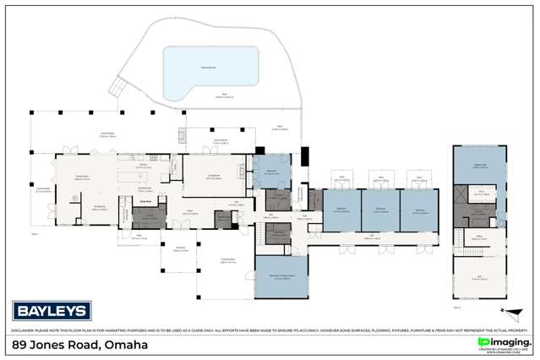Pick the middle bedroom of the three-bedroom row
tap(379, 210)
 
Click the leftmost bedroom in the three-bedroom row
tap(341, 210)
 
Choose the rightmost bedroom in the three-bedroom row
tap(417, 210)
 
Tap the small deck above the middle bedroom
tap(379, 178)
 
